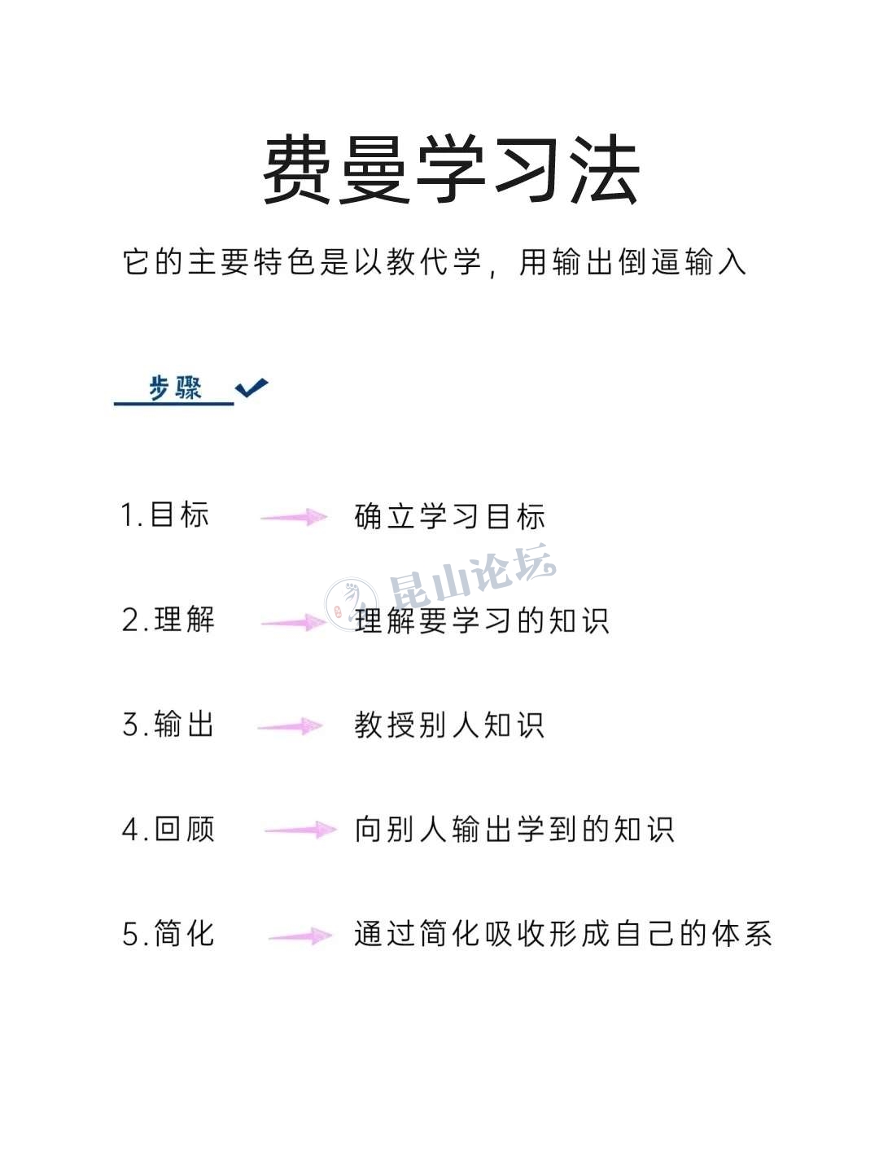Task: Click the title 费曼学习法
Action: [x=452, y=170]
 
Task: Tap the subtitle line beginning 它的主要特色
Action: [x=434, y=263]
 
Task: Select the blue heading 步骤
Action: [x=174, y=388]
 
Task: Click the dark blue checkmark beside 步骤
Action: [x=251, y=388]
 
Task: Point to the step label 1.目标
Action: [x=164, y=515]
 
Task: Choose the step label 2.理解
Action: [x=168, y=620]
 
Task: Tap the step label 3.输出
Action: [x=168, y=724]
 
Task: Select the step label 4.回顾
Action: [x=168, y=829]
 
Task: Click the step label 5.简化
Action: [x=168, y=933]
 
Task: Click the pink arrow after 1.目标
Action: [x=294, y=516]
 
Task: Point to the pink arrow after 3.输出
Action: [x=291, y=725]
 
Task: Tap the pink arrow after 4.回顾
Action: [x=300, y=830]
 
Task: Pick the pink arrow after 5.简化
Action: [x=300, y=936]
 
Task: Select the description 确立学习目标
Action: [x=449, y=516]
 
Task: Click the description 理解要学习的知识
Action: [x=482, y=620]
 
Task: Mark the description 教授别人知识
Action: [x=449, y=725]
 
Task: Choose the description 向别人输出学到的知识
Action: [x=514, y=829]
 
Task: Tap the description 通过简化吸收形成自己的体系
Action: [x=562, y=933]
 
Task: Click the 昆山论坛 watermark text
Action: [x=473, y=576]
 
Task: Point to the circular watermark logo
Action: [x=351, y=604]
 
